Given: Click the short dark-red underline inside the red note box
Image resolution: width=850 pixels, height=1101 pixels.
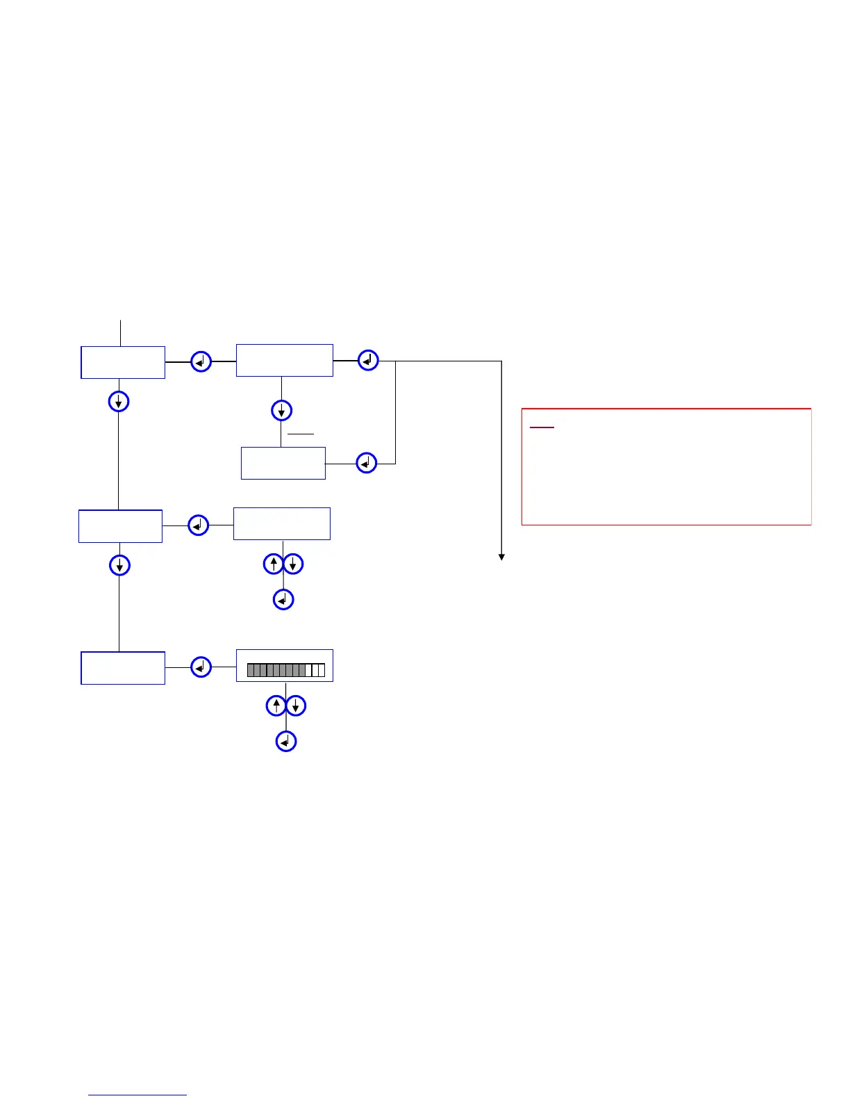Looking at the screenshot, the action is click(542, 427).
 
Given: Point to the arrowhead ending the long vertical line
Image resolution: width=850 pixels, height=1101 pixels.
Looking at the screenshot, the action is click(501, 557).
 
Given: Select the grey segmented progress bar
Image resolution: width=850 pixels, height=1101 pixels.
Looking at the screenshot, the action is click(285, 670).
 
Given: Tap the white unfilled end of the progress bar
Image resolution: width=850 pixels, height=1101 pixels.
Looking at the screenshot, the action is click(317, 670).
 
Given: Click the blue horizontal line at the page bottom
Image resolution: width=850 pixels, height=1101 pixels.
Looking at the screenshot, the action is click(137, 1095).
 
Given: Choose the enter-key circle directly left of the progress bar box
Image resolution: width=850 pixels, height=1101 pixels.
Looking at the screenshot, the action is click(201, 667).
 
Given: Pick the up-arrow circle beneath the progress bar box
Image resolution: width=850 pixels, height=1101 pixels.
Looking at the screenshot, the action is click(276, 706).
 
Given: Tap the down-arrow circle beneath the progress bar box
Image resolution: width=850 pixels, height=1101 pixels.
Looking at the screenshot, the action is click(296, 706).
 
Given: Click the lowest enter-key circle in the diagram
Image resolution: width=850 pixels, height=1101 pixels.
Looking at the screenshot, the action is click(286, 742).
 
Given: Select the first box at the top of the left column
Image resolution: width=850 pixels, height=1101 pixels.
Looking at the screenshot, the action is click(123, 362).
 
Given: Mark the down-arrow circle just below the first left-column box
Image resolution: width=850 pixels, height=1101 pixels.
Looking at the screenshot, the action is click(119, 401).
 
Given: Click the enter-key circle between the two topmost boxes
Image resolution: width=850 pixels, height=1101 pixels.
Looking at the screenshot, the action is click(201, 361).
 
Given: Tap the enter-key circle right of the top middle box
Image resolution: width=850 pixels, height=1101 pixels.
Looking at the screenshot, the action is click(368, 360).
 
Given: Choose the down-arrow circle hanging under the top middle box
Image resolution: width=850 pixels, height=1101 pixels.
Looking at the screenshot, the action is click(281, 410).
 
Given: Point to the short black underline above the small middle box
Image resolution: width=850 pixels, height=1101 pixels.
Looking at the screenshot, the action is click(301, 434).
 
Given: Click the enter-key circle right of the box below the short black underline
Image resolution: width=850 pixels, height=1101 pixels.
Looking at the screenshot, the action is click(367, 463).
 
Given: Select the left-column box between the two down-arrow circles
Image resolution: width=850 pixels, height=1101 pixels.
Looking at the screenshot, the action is click(120, 526).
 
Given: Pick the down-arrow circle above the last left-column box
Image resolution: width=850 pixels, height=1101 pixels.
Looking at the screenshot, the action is click(119, 565).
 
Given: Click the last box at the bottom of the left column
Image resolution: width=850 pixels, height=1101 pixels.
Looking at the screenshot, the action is click(123, 668).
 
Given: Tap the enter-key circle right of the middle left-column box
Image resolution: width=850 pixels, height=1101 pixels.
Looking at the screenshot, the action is click(199, 525).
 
